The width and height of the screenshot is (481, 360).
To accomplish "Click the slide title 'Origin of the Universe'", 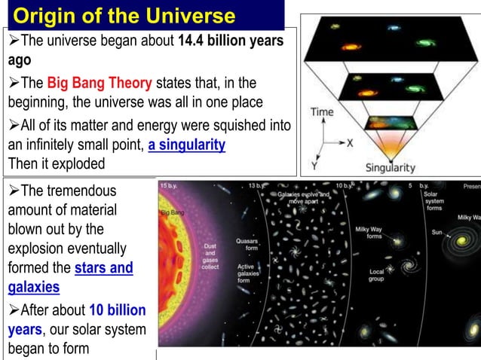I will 124,15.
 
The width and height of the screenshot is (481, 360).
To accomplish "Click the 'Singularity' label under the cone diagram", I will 389,167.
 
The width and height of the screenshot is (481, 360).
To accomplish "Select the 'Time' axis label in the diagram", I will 322,112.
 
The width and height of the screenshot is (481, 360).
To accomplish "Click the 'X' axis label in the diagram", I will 350,142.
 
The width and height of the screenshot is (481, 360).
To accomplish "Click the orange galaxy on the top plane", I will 351,46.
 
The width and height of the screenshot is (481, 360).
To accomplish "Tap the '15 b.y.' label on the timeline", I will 169,185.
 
